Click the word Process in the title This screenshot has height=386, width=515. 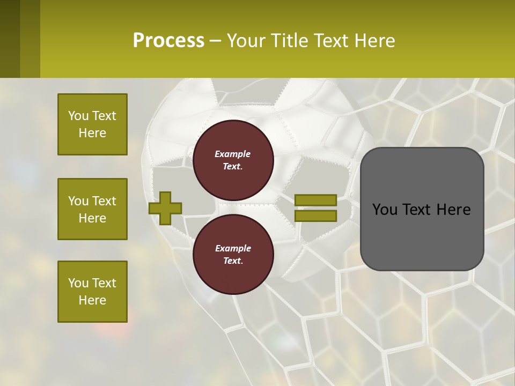(168, 41)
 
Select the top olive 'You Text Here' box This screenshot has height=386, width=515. (92, 124)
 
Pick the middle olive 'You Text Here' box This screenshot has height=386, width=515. (92, 209)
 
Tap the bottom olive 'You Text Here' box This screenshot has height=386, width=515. (92, 292)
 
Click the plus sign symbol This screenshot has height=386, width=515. (165, 208)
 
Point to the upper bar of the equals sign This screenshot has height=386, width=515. (315, 200)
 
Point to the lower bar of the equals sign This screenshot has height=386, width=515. (315, 216)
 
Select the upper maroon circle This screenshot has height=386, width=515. (233, 160)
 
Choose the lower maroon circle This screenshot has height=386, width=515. (233, 254)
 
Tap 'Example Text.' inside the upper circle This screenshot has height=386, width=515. (233, 160)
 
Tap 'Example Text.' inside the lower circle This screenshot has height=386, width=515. (233, 255)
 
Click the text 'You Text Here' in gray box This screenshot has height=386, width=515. (421, 210)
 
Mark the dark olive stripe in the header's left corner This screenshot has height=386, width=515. (10, 39)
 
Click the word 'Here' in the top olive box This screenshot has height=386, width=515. (92, 133)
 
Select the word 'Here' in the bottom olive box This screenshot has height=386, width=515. (92, 300)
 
